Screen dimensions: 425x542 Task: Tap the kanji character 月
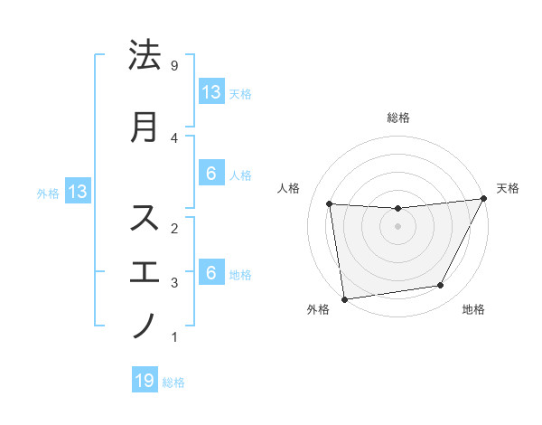pyautogui.click(x=145, y=127)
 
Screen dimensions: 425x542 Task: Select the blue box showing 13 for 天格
pyautogui.click(x=210, y=91)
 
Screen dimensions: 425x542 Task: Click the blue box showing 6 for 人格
pyautogui.click(x=210, y=174)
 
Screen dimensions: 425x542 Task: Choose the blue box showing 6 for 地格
pyautogui.click(x=210, y=273)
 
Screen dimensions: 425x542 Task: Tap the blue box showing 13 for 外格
pyautogui.click(x=76, y=192)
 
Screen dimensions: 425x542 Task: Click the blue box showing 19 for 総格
pyautogui.click(x=145, y=381)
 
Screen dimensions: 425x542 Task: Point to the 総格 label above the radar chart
pyautogui.click(x=397, y=118)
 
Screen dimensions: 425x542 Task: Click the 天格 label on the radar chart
pyautogui.click(x=508, y=188)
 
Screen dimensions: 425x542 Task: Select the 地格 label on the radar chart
pyautogui.click(x=473, y=309)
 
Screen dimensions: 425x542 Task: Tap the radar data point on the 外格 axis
pyautogui.click(x=344, y=298)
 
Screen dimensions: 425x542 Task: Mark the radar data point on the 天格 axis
pyautogui.click(x=483, y=199)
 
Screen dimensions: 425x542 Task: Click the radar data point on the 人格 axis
pyautogui.click(x=329, y=203)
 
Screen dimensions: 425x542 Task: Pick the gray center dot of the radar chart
pyautogui.click(x=397, y=226)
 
